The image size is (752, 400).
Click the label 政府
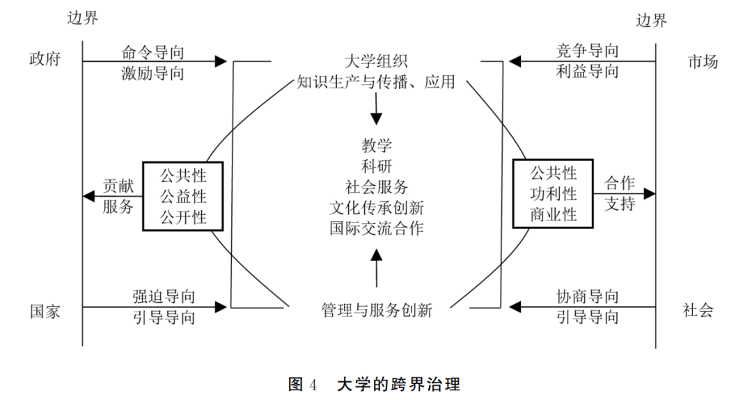click(45, 59)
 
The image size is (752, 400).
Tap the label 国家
click(45, 310)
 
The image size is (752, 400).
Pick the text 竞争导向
click(587, 51)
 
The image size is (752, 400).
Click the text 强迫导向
click(164, 297)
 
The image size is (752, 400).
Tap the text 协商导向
click(587, 297)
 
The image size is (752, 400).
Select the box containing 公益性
click(184, 195)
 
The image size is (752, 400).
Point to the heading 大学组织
click(376, 61)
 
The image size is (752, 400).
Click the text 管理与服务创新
click(376, 310)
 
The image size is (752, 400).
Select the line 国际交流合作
click(377, 228)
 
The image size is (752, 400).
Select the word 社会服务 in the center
click(377, 187)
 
